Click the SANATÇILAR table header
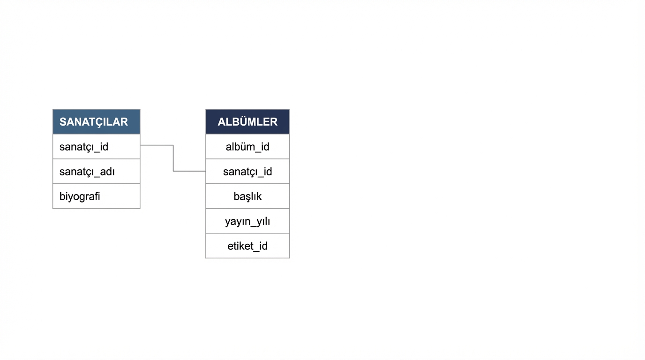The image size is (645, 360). [x=97, y=121]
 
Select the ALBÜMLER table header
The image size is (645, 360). [x=247, y=121]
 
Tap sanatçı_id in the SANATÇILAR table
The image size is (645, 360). [x=84, y=147]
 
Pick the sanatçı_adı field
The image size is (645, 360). [x=87, y=172]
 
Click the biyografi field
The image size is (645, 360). [x=80, y=196]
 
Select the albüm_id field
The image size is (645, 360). [x=247, y=147]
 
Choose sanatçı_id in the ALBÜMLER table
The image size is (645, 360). [x=247, y=172]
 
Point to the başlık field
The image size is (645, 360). [x=247, y=196]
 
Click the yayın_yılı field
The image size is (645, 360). [x=247, y=221]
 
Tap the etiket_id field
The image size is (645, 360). [x=247, y=246]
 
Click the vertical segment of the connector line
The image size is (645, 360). [x=173, y=158]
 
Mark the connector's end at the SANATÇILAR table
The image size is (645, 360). [x=141, y=145]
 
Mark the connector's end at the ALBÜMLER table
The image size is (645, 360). [x=205, y=171]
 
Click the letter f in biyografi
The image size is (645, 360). [x=96, y=196]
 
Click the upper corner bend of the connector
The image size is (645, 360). [x=173, y=145]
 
